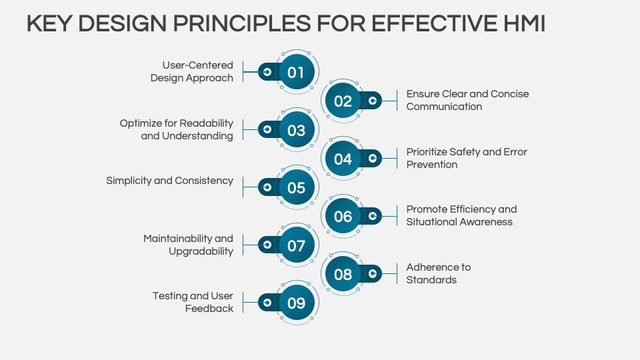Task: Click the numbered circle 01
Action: click(297, 72)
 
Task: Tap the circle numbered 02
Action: click(343, 101)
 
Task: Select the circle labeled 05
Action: click(297, 187)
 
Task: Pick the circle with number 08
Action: click(343, 274)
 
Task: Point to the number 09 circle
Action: click(297, 303)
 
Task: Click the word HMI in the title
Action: click(524, 23)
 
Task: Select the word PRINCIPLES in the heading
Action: click(242, 23)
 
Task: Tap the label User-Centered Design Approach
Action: click(192, 71)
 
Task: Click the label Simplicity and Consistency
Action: click(170, 181)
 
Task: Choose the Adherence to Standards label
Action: click(439, 273)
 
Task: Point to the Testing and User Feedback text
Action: click(193, 302)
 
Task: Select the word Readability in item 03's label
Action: click(206, 123)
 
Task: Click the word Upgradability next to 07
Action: click(201, 251)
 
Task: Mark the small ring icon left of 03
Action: click(267, 129)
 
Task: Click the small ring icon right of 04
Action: click(373, 159)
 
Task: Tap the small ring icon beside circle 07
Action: click(267, 245)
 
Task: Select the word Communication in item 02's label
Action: click(444, 107)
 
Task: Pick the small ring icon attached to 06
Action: click(373, 216)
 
